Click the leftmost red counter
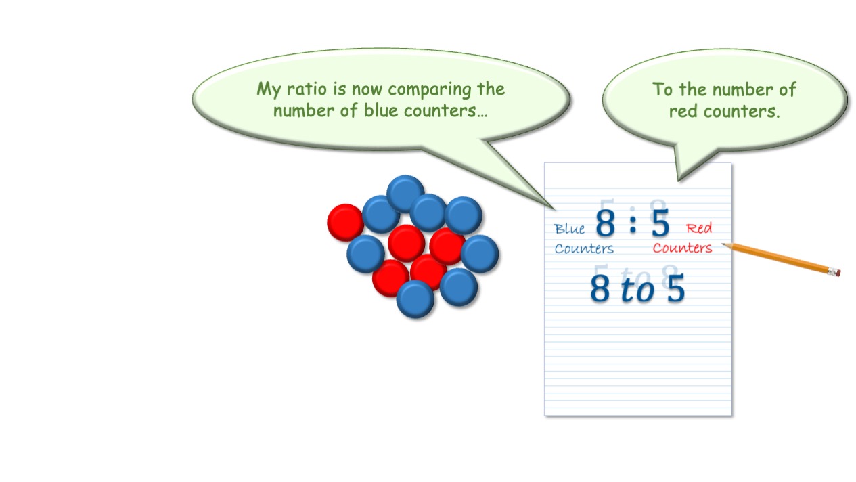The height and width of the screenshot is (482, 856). (346, 223)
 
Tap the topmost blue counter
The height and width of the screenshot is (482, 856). (405, 193)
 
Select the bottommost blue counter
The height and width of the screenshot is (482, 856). (415, 299)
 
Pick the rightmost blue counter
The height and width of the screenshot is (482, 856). (480, 254)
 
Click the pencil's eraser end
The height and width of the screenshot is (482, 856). (836, 271)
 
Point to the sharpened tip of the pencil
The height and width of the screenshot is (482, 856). (722, 244)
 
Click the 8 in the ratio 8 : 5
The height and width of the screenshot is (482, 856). (606, 222)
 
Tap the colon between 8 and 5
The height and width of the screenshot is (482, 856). (633, 224)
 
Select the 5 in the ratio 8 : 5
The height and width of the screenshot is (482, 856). (660, 222)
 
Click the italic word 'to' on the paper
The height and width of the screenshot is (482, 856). (637, 290)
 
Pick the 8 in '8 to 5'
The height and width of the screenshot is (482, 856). (600, 289)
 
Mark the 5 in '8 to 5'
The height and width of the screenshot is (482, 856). (675, 288)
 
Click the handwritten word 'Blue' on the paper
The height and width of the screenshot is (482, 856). (569, 229)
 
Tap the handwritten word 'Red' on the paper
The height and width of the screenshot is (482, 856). (699, 228)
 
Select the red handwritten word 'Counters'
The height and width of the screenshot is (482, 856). (682, 248)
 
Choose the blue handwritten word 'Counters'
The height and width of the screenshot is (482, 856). (584, 248)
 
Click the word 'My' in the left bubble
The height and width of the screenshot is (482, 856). (269, 90)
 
